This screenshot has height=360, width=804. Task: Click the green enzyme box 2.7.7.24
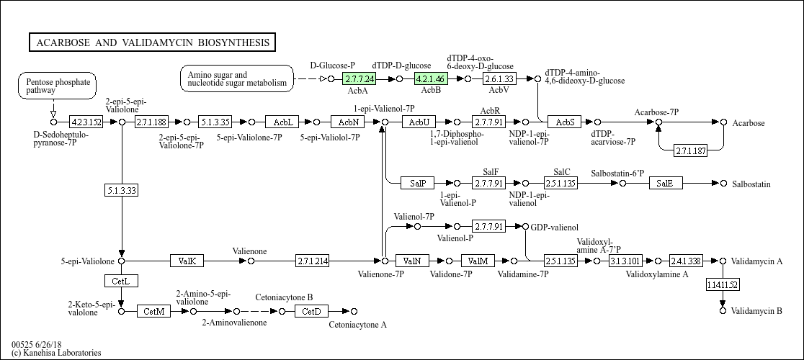359,78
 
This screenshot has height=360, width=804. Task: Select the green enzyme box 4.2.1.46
431,78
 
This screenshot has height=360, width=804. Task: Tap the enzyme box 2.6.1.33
499,78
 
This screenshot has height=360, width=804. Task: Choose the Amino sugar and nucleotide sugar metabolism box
237,78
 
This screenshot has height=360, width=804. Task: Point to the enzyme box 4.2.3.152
86,122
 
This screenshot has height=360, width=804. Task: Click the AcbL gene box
282,122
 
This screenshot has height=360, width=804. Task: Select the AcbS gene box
564,122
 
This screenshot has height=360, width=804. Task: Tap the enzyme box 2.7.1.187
690,150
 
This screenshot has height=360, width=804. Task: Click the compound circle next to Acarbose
723,122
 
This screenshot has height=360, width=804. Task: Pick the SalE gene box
665,184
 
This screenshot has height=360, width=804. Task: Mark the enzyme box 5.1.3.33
121,191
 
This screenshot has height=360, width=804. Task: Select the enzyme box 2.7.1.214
313,261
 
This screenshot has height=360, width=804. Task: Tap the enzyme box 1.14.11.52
723,284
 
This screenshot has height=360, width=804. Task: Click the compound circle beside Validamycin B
723,311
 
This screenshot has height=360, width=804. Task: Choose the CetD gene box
311,311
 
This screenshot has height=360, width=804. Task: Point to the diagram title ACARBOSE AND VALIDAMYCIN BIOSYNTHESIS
152,42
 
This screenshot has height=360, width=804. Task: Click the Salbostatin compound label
751,184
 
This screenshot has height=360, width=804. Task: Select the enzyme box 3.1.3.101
625,261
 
